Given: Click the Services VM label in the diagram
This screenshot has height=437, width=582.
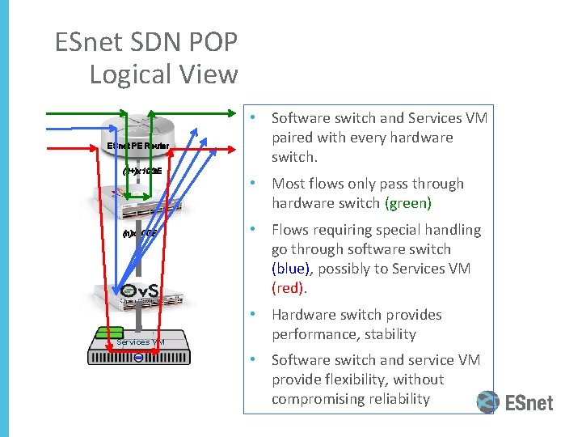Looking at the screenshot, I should pos(141,342).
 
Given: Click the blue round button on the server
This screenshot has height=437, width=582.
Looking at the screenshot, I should pos(139,358).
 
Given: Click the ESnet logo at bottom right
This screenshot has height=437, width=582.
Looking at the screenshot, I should pos(515,402).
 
